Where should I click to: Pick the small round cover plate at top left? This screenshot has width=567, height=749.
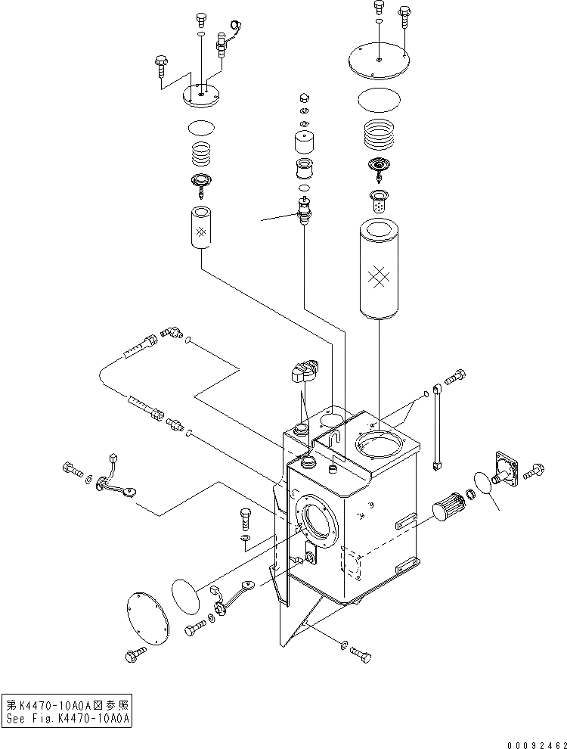[200, 95]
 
